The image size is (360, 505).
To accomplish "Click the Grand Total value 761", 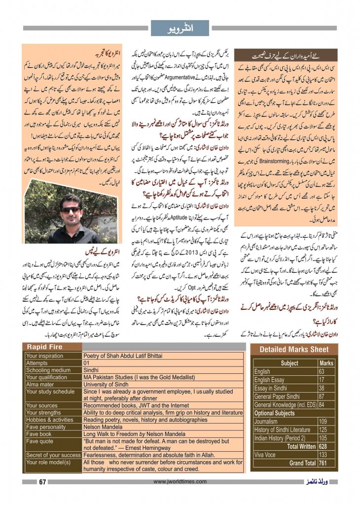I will click(324, 463).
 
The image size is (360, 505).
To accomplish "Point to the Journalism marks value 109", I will click(324, 422).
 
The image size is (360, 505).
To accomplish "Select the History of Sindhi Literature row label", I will click(283, 430).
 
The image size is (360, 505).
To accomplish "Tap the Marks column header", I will click(326, 363).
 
